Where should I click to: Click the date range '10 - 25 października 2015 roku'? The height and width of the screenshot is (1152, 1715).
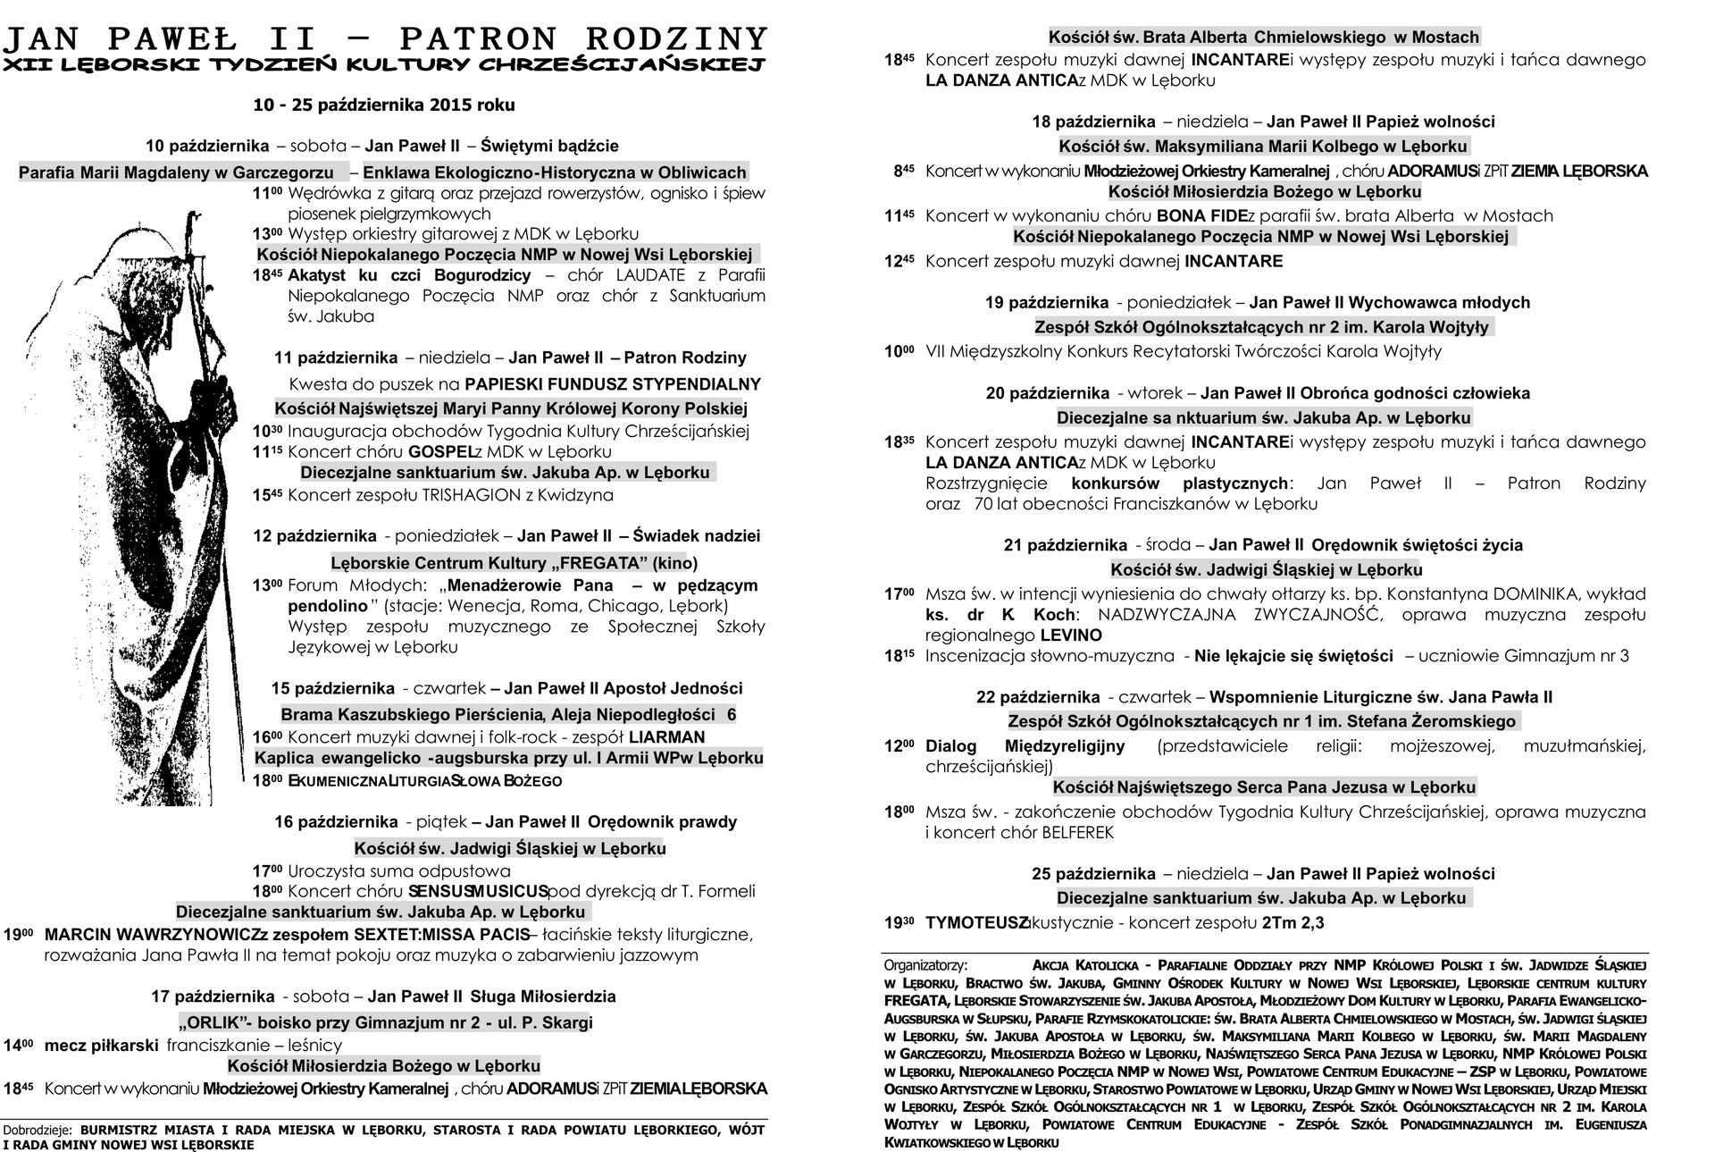(x=384, y=105)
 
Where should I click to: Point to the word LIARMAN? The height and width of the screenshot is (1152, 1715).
(x=666, y=737)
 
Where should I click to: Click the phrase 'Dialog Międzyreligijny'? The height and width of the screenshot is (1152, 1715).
(x=1025, y=746)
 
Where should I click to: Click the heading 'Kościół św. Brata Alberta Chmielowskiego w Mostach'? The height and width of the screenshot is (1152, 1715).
(x=1264, y=37)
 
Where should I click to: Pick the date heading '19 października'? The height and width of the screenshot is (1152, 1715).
(x=1047, y=303)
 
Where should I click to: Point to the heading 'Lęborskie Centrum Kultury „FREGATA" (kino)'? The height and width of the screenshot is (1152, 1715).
(x=514, y=563)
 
